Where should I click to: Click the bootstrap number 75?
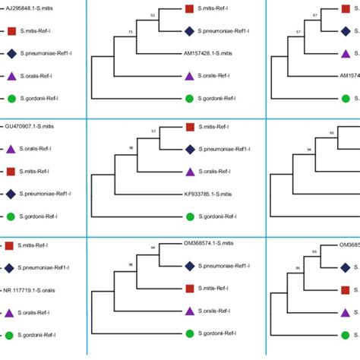click(131, 31)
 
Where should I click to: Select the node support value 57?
click(298, 33)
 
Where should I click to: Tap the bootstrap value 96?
click(331, 132)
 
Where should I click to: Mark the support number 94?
click(309, 149)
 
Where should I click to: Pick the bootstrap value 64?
click(153, 248)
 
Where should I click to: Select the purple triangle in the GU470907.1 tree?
click(11, 149)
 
